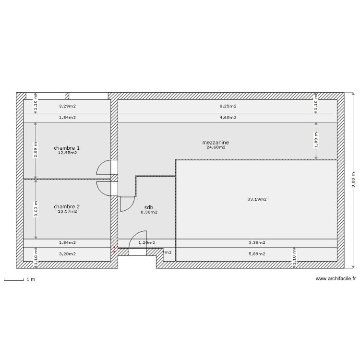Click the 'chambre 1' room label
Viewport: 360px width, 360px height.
67,148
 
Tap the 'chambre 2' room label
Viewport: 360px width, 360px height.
67,206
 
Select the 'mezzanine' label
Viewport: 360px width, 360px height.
216,143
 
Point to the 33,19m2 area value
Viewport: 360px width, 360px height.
257,199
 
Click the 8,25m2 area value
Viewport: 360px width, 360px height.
228,106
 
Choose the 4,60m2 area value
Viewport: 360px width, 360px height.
228,117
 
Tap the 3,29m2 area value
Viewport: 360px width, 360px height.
67,106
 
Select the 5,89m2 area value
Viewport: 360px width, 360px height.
257,254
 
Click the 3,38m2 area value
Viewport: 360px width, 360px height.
257,243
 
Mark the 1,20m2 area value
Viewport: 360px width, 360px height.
146,243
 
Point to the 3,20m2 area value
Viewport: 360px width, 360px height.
67,254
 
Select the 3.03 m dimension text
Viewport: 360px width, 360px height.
35,209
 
